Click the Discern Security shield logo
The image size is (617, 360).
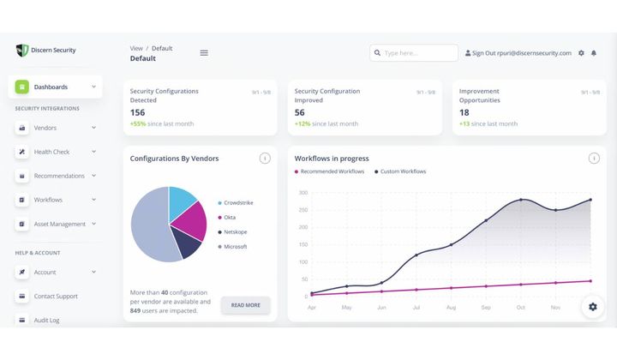[x=22, y=51]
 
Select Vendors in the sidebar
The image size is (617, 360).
[x=45, y=128]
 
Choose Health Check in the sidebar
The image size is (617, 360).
[x=51, y=152]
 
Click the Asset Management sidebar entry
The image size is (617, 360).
[x=59, y=224]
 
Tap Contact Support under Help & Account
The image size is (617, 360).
[x=56, y=296]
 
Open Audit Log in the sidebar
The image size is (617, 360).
[x=47, y=320]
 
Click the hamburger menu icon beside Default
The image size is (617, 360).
[x=204, y=53]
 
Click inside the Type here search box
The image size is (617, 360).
[x=418, y=53]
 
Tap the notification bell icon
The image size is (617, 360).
[x=594, y=53]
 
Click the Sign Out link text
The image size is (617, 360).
[x=488, y=53]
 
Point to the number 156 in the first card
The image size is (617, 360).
[x=137, y=112]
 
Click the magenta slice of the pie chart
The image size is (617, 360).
[x=190, y=220]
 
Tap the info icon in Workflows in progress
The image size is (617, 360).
[x=594, y=159]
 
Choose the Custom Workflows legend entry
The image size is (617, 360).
[x=402, y=171]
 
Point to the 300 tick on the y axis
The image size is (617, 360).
[x=303, y=193]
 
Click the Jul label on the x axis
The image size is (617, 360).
[x=416, y=306]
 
